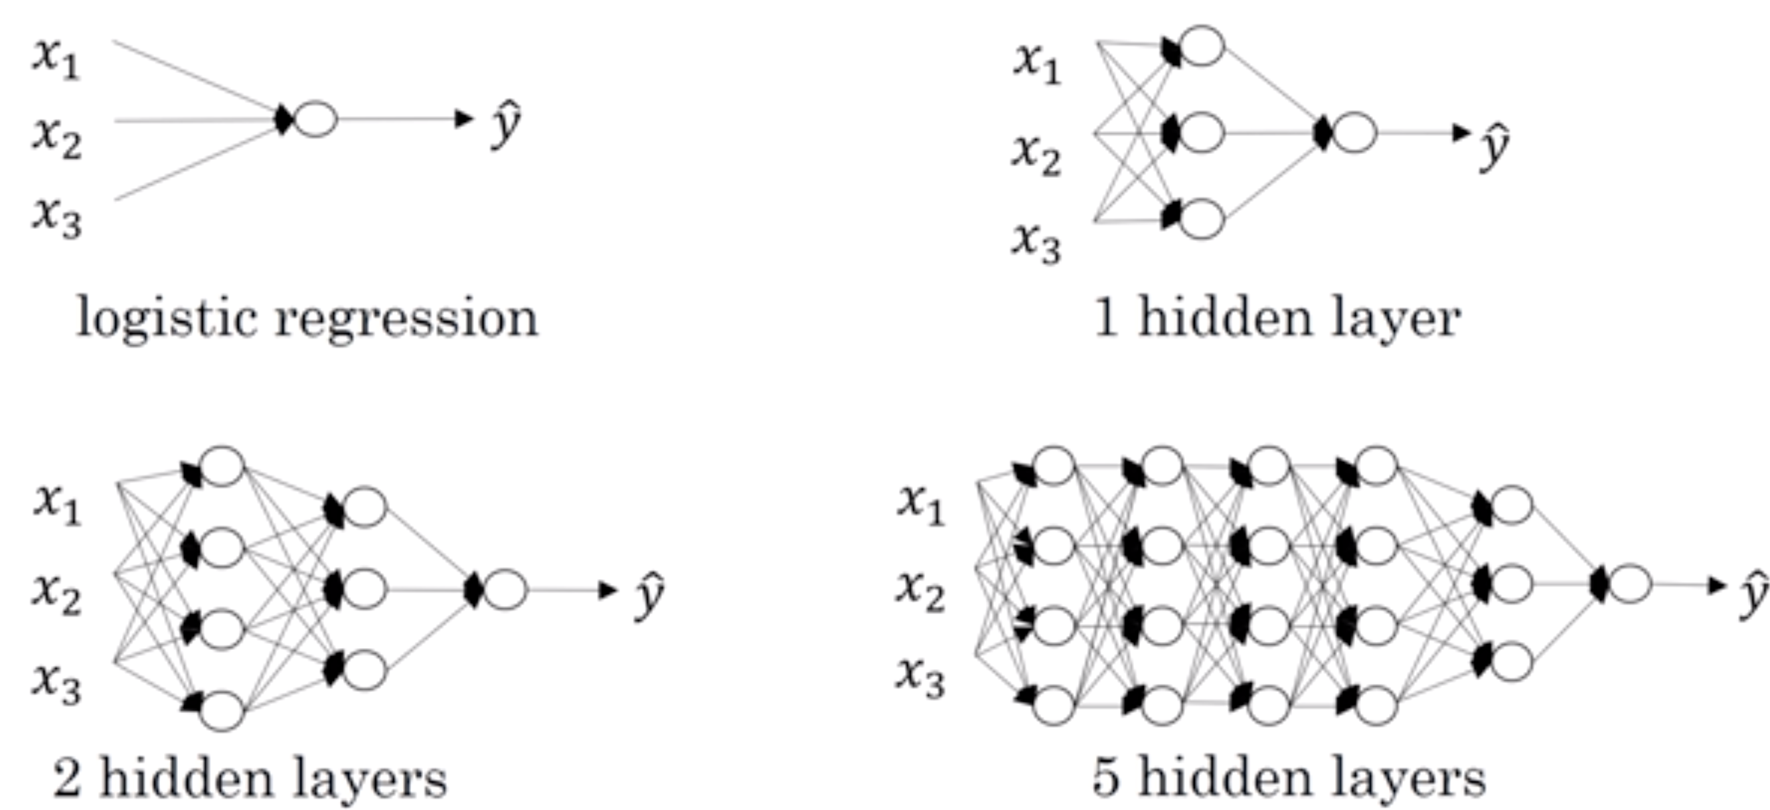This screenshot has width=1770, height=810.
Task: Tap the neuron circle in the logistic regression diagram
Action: pos(315,119)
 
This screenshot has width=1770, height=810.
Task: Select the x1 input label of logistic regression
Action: pos(56,58)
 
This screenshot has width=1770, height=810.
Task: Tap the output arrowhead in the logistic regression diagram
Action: pos(465,119)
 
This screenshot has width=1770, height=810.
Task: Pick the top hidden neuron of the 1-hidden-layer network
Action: pos(1201,45)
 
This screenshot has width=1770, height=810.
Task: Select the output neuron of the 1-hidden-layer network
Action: pos(1354,133)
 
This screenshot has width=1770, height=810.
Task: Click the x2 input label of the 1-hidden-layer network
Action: pos(1036,154)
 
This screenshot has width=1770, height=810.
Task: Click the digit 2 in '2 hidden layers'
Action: pos(67,779)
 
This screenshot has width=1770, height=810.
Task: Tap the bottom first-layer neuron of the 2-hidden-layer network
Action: pos(222,710)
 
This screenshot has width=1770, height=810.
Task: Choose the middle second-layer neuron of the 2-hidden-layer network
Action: pos(365,589)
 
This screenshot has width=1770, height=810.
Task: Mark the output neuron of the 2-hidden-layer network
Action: pos(505,590)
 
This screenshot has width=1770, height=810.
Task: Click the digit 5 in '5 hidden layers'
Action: pos(1106,779)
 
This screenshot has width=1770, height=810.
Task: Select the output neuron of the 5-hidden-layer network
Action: pos(1629,585)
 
